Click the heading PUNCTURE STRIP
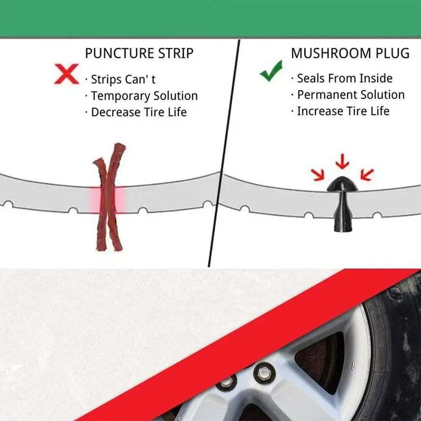(139, 54)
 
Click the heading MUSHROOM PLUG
(350, 53)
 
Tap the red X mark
(66, 74)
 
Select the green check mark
(271, 71)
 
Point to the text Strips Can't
(123, 79)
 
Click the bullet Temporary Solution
(144, 96)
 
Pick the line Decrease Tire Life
(138, 112)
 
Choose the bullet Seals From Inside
(344, 78)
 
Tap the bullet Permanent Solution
(350, 95)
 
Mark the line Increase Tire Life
(343, 111)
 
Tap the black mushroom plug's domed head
(342, 184)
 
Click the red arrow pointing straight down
(342, 161)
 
